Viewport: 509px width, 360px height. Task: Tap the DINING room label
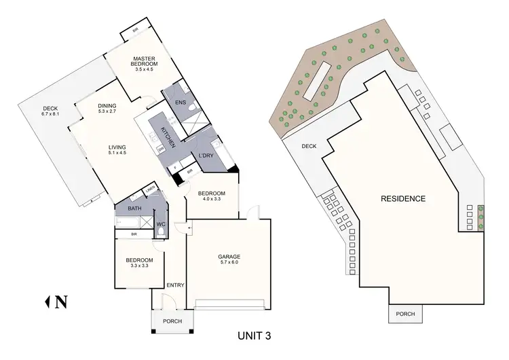click(107, 105)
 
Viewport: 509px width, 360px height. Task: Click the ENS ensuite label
click(180, 103)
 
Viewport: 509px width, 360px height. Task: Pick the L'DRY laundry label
click(207, 157)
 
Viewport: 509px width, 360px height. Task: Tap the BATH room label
click(135, 209)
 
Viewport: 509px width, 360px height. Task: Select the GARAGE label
click(229, 257)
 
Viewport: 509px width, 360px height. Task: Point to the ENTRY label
click(175, 286)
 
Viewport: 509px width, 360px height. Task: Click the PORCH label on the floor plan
click(172, 321)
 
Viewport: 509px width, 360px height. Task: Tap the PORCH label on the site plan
click(405, 314)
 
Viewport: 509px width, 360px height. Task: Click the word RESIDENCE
click(402, 199)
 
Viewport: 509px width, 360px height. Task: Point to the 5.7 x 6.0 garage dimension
click(229, 264)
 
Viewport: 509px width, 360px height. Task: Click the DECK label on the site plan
click(309, 145)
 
